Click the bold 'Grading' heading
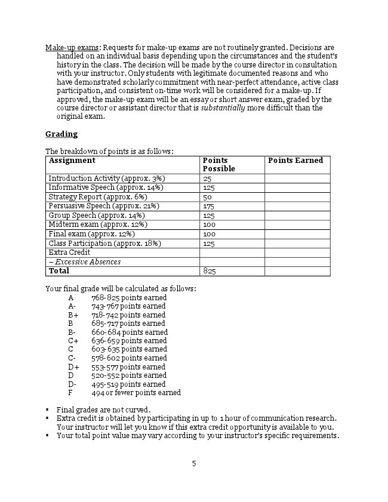[61, 134]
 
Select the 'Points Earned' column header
[295, 161]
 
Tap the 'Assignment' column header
[72, 161]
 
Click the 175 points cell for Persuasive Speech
[209, 206]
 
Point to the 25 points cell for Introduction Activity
[208, 178]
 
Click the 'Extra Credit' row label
[69, 252]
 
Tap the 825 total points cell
[210, 271]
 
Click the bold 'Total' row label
[59, 271]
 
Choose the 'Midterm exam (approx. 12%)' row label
[98, 224]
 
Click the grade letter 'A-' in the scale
[72, 306]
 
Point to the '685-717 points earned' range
[128, 324]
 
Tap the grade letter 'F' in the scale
[70, 393]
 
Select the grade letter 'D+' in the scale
[73, 367]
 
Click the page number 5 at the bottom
[194, 463]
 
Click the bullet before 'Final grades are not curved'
[47, 409]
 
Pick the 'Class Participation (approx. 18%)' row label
[104, 243]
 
